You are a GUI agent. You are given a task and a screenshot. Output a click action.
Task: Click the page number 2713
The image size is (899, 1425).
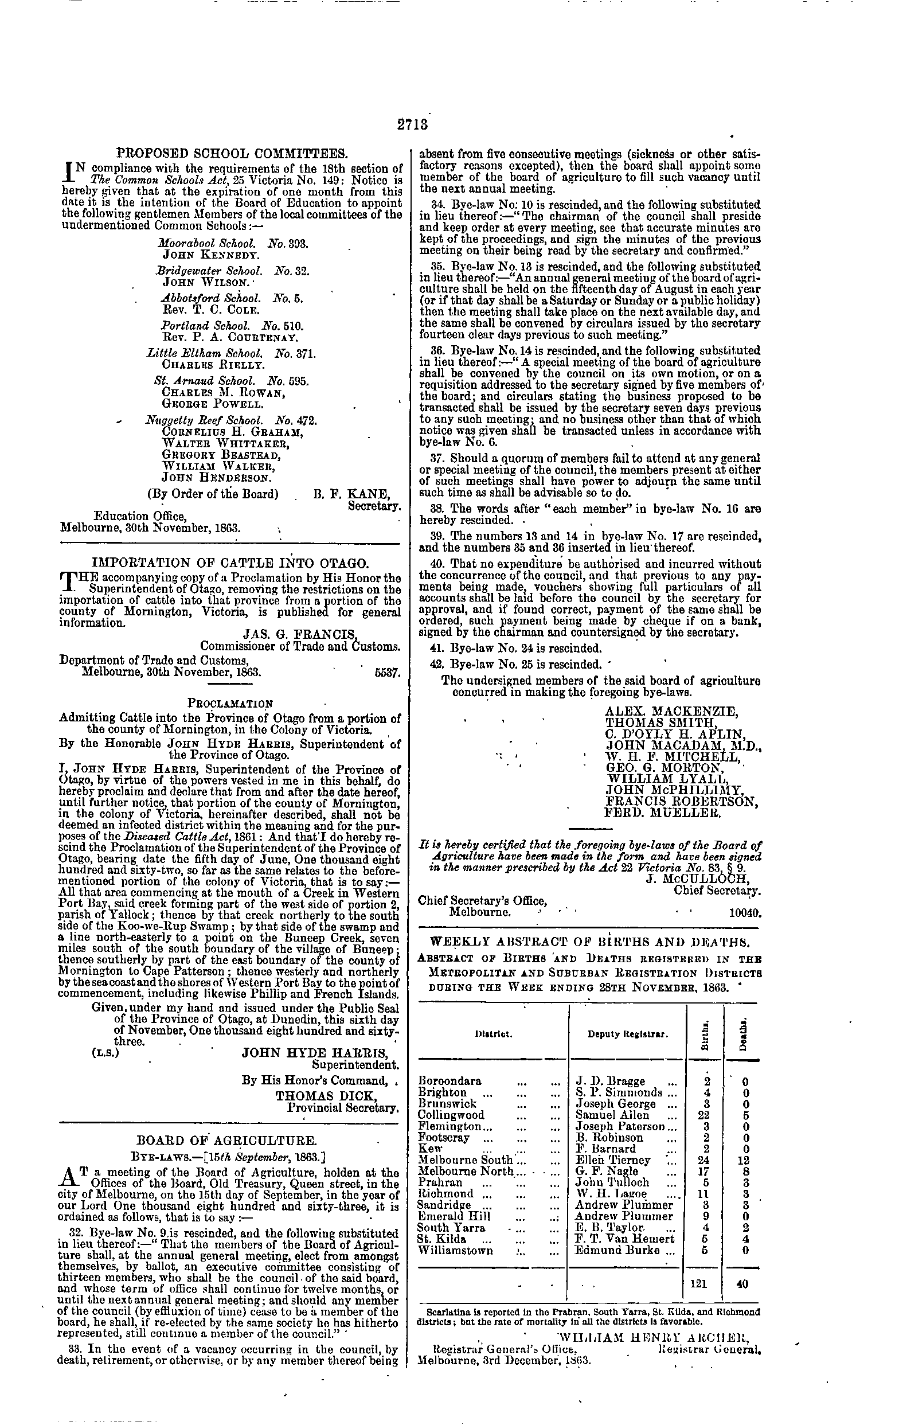(x=412, y=125)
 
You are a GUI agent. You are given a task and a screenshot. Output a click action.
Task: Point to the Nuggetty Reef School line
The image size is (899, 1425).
(x=232, y=421)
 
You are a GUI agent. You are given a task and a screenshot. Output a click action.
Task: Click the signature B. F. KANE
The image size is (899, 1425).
(x=351, y=494)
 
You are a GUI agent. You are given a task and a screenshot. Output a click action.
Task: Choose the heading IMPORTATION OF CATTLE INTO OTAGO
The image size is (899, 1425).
(x=232, y=562)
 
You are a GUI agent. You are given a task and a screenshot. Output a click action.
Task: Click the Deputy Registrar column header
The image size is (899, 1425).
(x=627, y=1034)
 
